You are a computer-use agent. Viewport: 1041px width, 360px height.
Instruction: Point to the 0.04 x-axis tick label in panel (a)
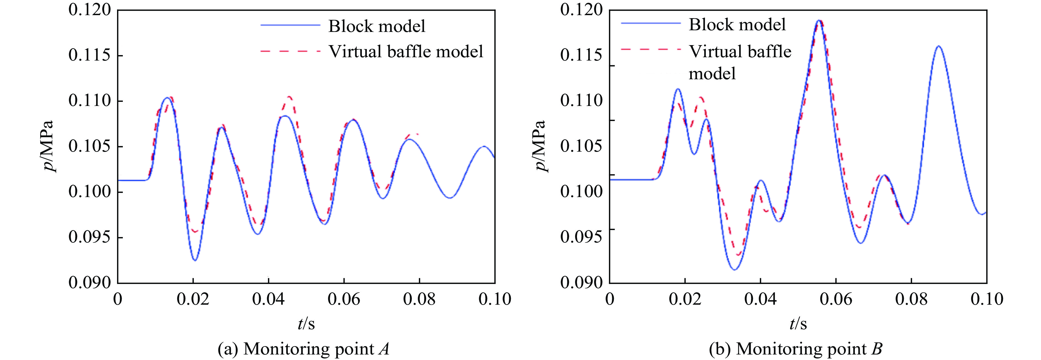pos(269,299)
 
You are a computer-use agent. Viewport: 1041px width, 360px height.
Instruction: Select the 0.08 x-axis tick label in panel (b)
pos(911,299)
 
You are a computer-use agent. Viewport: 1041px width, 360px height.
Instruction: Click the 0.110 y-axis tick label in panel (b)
pos(581,101)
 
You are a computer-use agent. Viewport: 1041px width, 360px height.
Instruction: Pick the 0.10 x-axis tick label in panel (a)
pos(495,299)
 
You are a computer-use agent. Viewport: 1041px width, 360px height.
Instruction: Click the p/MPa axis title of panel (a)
pos(49,146)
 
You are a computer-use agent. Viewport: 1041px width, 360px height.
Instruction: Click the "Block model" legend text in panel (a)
pos(377,26)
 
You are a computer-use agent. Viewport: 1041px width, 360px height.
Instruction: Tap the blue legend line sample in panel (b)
pos(650,23)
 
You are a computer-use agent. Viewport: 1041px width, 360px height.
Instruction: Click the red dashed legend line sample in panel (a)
pos(290,51)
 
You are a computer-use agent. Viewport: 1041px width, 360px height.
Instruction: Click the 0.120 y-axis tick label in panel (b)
pos(581,10)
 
